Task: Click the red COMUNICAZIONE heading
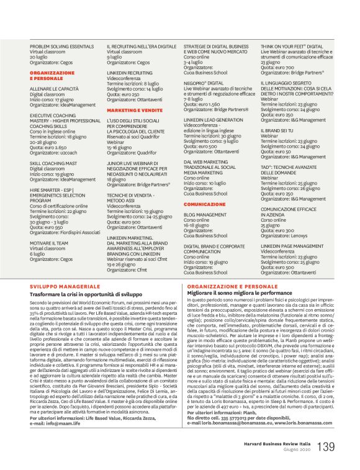point(204,203)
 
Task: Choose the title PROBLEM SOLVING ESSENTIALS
point(61,46)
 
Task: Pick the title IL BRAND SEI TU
point(279,130)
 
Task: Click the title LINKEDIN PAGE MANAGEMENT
point(291,246)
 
